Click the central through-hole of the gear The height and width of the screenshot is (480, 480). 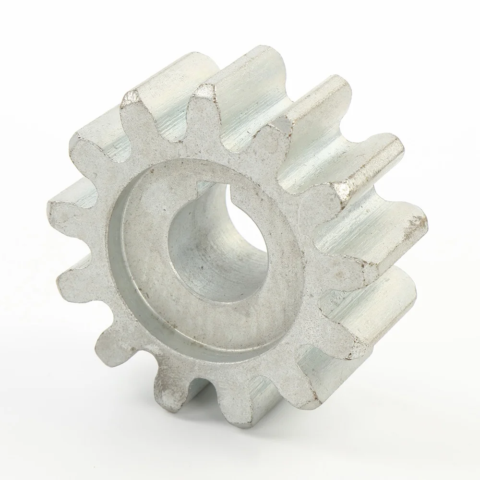pyautogui.click(x=211, y=250)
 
